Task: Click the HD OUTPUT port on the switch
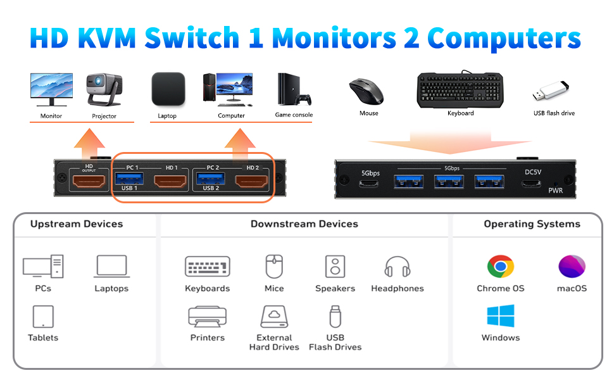tap(89, 181)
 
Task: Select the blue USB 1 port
tap(129, 179)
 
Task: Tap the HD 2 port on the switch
tap(251, 182)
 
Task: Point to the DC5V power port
tap(531, 183)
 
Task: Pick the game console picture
tap(294, 89)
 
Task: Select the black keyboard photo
tap(461, 90)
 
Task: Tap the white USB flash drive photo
tap(551, 91)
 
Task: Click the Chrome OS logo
tap(501, 267)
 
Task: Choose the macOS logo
tap(572, 267)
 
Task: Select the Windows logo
tap(501, 316)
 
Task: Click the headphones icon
tap(397, 267)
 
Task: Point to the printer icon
tap(208, 317)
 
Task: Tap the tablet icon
tap(43, 317)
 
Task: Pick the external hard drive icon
tap(274, 317)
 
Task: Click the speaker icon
tap(335, 267)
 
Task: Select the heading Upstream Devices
tap(77, 224)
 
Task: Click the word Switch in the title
tap(192, 38)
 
